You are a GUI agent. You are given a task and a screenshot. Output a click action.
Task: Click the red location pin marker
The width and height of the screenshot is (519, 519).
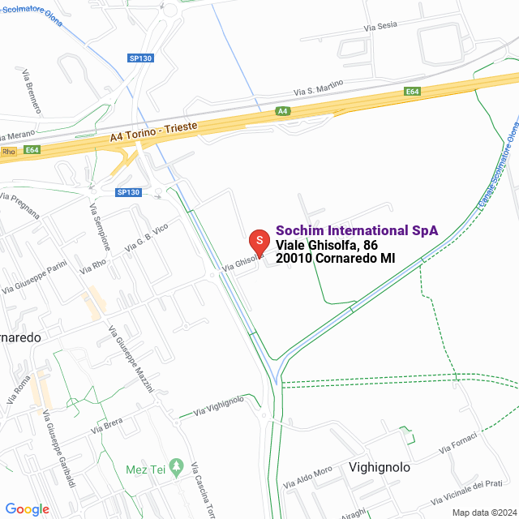tap(259, 242)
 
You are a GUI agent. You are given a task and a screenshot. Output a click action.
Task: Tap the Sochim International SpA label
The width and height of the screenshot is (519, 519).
tap(357, 230)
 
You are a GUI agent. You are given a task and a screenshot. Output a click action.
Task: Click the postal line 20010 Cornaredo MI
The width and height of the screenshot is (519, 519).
tap(336, 259)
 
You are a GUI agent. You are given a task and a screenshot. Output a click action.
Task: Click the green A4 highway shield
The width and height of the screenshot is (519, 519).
tap(282, 111)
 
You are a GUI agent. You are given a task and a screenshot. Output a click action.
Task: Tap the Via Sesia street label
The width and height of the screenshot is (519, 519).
tap(381, 27)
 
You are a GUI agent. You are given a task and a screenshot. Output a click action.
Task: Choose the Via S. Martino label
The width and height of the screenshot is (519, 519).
tap(319, 85)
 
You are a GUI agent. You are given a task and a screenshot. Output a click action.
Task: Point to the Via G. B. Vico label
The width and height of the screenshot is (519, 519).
tap(146, 236)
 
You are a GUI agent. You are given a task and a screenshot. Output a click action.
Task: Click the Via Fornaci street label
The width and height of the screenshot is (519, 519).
tap(457, 444)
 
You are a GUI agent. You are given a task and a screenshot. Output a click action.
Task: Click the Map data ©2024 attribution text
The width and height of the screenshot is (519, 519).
tap(483, 512)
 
